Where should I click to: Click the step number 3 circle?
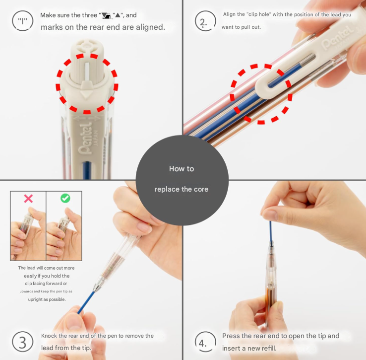(23, 342)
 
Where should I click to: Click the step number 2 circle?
(205, 21)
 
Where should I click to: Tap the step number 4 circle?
(205, 342)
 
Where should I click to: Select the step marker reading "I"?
(23, 21)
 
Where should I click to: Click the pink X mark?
(28, 199)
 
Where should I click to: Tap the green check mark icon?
(65, 198)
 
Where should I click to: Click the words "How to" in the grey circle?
(182, 169)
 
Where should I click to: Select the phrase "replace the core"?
(182, 189)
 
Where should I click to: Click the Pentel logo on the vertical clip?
(85, 140)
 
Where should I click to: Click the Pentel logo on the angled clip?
(337, 37)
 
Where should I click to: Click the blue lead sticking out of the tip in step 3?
(86, 302)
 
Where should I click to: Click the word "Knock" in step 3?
(49, 336)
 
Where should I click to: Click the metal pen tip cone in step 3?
(99, 284)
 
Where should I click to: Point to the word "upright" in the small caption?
(35, 299)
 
